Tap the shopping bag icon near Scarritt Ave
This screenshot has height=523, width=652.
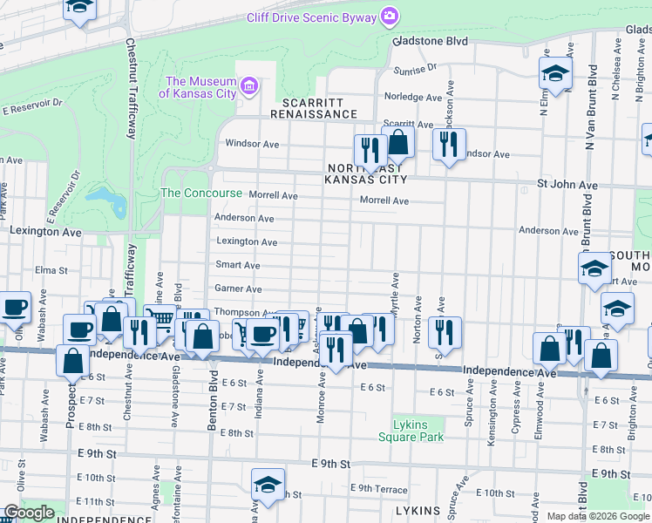click(x=398, y=140)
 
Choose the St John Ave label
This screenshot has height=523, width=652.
click(x=567, y=185)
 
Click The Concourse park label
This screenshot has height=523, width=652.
click(x=189, y=193)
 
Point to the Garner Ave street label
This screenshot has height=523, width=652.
click(x=238, y=289)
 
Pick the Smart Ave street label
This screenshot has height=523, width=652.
click(x=239, y=265)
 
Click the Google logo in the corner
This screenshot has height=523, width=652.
click(x=29, y=513)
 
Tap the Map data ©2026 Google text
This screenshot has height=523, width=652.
click(x=598, y=516)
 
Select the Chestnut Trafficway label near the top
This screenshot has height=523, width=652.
click(x=132, y=87)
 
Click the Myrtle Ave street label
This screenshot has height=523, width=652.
click(x=395, y=291)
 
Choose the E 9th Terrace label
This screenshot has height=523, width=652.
click(x=377, y=488)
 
